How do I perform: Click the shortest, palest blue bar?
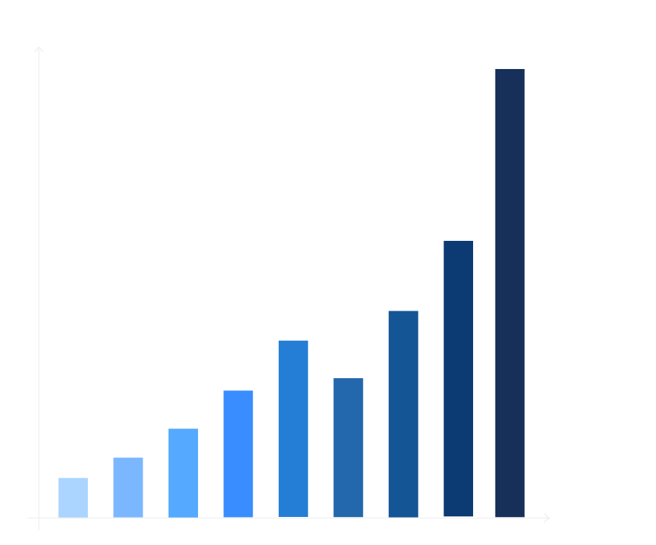[73, 498]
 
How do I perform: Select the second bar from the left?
[128, 487]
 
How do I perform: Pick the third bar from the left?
[183, 473]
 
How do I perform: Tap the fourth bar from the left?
[238, 454]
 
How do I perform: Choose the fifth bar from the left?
[293, 429]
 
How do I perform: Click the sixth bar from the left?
[349, 447]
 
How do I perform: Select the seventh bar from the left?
[403, 413]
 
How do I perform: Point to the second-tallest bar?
[458, 379]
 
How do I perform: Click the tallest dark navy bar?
[510, 293]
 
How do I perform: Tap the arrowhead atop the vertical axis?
[39, 49]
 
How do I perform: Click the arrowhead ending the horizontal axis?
[547, 518]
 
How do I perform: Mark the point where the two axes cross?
[39, 518]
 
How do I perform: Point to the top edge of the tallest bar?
[510, 70]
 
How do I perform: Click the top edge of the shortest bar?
[73, 478]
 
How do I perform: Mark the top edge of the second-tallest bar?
[458, 242]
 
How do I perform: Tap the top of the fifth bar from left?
[293, 341]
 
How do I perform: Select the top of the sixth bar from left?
[349, 379]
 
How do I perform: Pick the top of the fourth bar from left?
[238, 391]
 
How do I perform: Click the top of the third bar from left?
[183, 429]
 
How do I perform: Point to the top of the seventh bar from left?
[403, 311]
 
